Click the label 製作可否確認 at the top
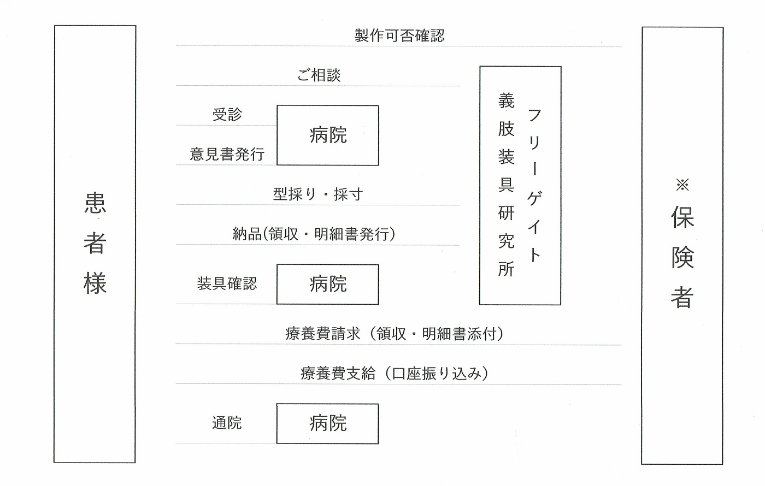[399, 35]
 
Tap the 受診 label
[227, 114]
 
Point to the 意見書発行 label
[227, 154]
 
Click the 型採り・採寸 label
[318, 194]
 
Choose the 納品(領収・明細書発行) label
[314, 234]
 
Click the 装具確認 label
[227, 283]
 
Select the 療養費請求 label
[323, 334]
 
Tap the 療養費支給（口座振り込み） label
[394, 374]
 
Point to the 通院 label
[227, 423]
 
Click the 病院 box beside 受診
[328, 135]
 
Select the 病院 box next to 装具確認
[328, 285]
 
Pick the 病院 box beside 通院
[327, 424]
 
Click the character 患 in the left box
[95, 203]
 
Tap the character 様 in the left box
[95, 283]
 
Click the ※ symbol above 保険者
[682, 185]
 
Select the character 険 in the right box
[682, 257]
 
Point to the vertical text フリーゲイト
[534, 185]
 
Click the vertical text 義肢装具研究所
[506, 185]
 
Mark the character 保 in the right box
[682, 217]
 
